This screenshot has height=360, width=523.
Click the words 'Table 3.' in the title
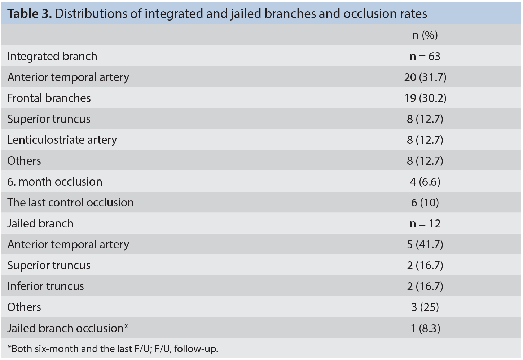(30, 14)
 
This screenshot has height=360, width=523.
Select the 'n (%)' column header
(425, 35)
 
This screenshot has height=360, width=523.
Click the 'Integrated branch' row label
(52, 56)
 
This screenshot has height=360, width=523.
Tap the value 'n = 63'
(425, 57)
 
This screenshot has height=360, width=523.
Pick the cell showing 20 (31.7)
(425, 77)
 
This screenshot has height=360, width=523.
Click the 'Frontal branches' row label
(49, 98)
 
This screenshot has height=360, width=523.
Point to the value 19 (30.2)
(425, 98)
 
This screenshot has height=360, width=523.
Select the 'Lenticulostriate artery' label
(62, 140)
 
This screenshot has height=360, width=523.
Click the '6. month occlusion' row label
(54, 182)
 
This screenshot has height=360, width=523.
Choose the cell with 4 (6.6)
(425, 182)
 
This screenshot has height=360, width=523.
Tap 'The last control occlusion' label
(70, 202)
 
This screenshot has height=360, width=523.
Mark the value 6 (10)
(425, 203)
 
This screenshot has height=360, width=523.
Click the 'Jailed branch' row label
(40, 223)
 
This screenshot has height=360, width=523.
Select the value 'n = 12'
(425, 223)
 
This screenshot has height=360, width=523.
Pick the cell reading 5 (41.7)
(425, 244)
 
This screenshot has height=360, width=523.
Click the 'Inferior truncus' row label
(45, 286)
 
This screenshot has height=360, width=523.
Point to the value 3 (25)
(425, 307)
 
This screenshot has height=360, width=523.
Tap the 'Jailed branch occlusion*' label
(68, 328)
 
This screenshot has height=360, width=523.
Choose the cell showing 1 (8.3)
(425, 328)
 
